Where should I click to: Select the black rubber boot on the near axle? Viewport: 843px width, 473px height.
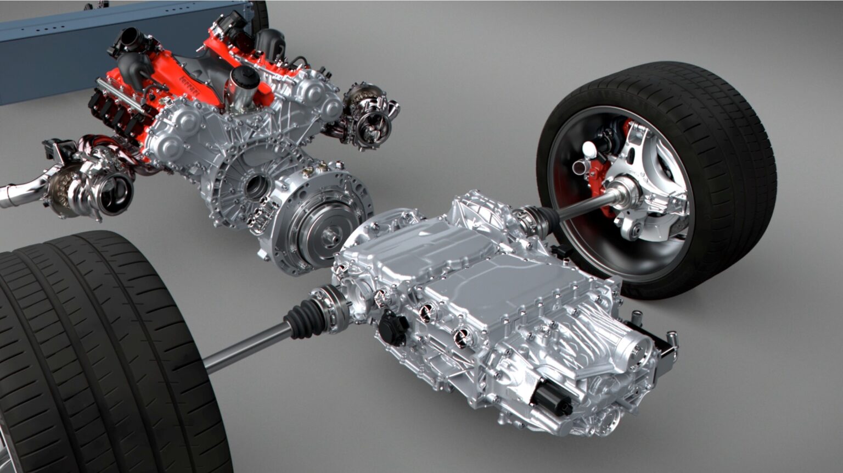coord(305,319)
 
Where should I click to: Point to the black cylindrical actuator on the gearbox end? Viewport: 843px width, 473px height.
coord(552,397)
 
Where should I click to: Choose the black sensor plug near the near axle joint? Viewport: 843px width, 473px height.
coord(392,329)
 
